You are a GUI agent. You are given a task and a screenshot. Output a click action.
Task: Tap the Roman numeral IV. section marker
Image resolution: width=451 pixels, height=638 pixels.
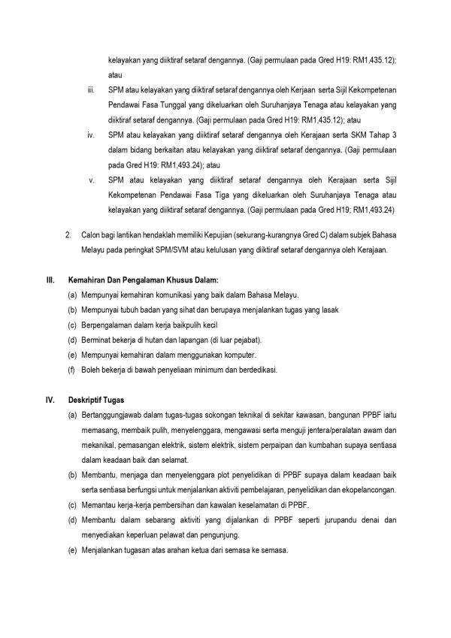point(51,399)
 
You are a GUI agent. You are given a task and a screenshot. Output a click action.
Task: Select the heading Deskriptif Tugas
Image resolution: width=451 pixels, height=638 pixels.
point(93,399)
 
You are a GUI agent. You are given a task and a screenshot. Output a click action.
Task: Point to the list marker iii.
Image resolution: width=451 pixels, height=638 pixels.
point(90,92)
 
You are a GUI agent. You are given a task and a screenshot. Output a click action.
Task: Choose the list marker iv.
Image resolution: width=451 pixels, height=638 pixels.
point(90,135)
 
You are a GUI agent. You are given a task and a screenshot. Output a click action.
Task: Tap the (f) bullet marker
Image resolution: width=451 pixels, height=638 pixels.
point(71,370)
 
